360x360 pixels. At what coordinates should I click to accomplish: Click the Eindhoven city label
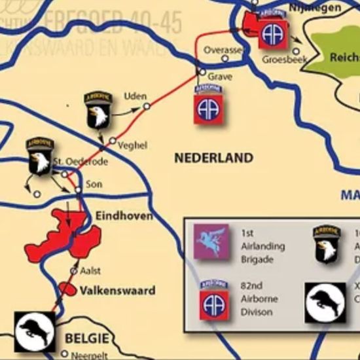pos(124,215)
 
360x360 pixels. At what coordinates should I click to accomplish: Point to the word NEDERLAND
pos(213,158)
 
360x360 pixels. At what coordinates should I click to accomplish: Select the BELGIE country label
pos(86,338)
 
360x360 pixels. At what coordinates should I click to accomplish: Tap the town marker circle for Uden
pos(147,105)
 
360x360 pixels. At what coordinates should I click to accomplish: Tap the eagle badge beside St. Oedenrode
pos(41,156)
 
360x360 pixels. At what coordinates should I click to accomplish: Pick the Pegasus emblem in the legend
pos(213,242)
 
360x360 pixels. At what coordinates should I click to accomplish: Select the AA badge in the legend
pos(213,300)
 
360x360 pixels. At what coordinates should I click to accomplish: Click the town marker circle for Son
pos(78,189)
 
